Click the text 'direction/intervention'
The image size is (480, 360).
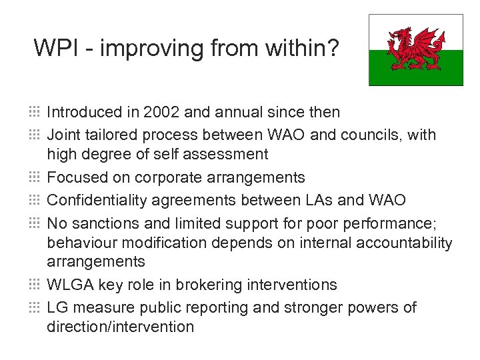click(x=120, y=327)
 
